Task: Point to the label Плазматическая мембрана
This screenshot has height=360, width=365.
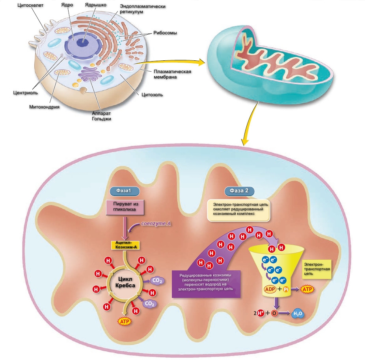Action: [173, 74]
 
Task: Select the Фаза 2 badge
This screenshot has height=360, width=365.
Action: [239, 191]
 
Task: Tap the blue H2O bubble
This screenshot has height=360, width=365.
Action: [297, 314]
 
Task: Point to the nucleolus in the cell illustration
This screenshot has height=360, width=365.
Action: [84, 41]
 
